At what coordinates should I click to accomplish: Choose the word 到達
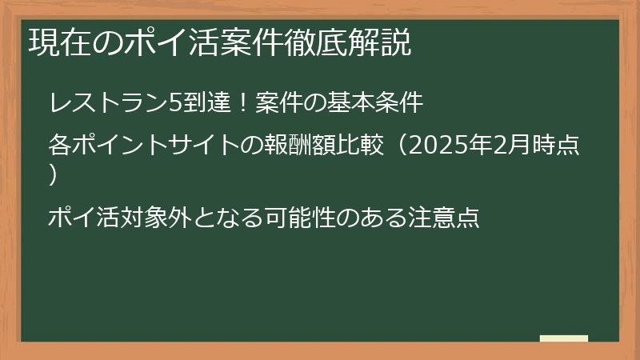pyautogui.click(x=207, y=103)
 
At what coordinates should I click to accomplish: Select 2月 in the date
pyautogui.click(x=506, y=146)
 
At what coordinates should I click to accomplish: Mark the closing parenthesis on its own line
pyautogui.click(x=53, y=175)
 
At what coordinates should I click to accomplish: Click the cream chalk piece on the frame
pyautogui.click(x=564, y=339)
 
